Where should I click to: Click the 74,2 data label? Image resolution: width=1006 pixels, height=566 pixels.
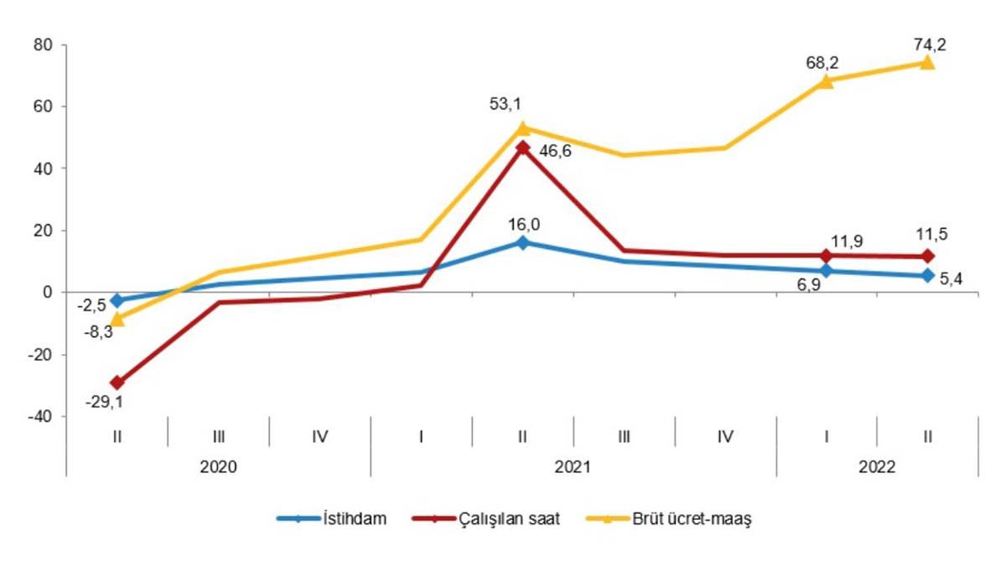(x=927, y=43)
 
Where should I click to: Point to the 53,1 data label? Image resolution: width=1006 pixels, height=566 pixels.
(x=506, y=104)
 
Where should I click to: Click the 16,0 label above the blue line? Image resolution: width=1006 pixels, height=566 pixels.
(x=521, y=224)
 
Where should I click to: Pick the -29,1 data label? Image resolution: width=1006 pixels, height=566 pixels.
(x=104, y=402)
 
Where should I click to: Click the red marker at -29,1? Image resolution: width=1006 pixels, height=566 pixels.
(x=117, y=382)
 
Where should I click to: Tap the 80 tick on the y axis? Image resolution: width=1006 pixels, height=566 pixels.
(x=43, y=44)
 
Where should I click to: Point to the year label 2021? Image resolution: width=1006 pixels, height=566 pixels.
(x=573, y=466)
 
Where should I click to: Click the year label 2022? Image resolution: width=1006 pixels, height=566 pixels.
(x=876, y=466)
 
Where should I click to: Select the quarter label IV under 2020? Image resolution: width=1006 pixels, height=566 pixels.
(x=319, y=436)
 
